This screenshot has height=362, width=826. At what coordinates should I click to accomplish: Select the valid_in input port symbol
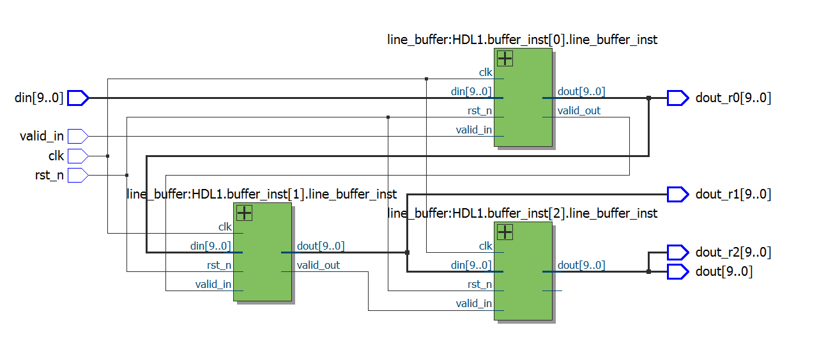point(77,136)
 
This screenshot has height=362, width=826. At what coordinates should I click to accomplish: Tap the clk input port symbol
point(77,156)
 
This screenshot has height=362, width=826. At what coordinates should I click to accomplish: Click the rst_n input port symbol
point(77,175)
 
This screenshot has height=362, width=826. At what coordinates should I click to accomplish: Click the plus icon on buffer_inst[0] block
point(505,59)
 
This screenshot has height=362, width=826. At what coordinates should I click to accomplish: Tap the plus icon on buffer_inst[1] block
point(245,213)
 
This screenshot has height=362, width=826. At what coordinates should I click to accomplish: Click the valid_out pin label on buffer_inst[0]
point(579,111)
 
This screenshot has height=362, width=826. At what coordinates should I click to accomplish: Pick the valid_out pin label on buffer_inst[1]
point(318,265)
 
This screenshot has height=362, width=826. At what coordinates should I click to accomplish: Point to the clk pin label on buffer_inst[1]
point(225,227)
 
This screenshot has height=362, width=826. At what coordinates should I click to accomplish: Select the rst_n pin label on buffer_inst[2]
point(479,285)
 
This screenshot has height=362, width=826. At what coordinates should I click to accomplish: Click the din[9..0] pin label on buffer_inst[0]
point(471,92)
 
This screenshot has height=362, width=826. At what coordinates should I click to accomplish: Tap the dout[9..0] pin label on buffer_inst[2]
point(581,265)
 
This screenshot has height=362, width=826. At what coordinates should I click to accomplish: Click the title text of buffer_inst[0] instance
point(522,40)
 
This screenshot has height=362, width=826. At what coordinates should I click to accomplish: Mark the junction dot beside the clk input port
point(107,156)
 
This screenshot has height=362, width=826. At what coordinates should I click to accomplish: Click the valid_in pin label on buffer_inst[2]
point(473,304)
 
